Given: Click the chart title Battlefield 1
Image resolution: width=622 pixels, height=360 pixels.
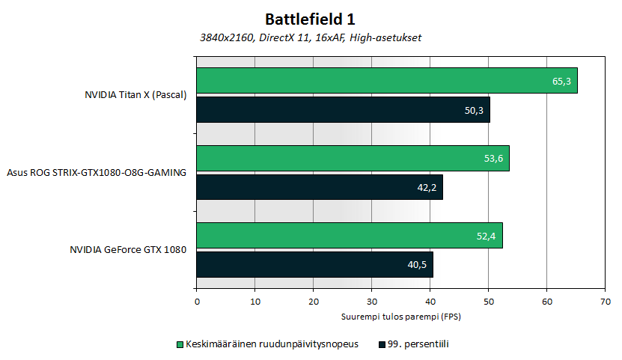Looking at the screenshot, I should (x=309, y=19).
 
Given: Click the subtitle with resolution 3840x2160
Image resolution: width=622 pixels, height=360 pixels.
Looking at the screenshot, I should (x=310, y=37).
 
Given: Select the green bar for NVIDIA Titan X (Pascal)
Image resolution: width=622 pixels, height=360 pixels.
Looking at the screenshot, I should (x=386, y=81).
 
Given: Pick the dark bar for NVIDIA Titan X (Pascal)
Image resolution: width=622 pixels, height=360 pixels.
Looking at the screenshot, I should (x=343, y=109).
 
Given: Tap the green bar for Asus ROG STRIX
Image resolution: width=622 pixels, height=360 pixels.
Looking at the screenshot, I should (x=353, y=158).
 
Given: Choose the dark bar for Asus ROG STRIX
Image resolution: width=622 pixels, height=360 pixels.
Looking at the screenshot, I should (x=320, y=187).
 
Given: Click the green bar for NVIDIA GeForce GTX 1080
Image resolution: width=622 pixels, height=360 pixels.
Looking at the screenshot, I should (x=349, y=235).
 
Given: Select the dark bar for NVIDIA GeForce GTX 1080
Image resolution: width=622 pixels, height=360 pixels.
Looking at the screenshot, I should (x=314, y=264).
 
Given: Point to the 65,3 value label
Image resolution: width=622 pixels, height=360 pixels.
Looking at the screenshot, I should (x=561, y=81).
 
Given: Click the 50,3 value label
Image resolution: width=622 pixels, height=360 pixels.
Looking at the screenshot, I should (x=474, y=110).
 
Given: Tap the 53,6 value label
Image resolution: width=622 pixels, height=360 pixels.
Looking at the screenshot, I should (x=493, y=158).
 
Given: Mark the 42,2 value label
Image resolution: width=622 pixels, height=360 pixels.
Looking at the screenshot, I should (x=427, y=187).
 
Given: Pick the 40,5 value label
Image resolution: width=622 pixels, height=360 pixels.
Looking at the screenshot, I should (x=417, y=264).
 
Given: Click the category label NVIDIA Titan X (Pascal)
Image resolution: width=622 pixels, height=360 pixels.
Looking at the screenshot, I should (x=135, y=95).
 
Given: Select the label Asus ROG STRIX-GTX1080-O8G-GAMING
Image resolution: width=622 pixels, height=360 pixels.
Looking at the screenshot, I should (x=95, y=173).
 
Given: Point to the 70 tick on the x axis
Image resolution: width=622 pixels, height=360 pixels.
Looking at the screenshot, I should (x=605, y=302).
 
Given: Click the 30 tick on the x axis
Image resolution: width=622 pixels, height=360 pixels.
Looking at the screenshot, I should (x=372, y=302).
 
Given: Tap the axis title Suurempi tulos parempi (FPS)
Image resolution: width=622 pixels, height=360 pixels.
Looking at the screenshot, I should (x=400, y=317).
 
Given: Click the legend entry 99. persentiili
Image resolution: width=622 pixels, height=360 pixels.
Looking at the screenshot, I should (x=418, y=344).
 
